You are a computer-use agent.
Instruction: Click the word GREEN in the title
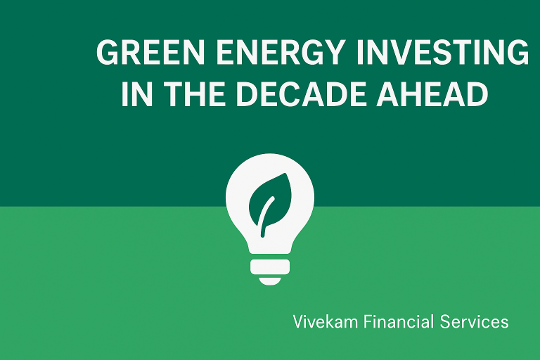(151, 52)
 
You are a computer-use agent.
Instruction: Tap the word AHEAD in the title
(432, 94)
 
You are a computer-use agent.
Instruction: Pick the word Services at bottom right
(475, 322)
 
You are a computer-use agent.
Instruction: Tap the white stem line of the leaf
(267, 217)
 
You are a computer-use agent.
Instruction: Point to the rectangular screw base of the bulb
(270, 266)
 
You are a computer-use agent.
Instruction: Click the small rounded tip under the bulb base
(270, 281)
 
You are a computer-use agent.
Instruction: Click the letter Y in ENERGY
(333, 52)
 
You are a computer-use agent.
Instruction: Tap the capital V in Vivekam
(299, 321)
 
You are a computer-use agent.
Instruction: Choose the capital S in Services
(446, 322)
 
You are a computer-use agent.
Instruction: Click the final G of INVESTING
(517, 52)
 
